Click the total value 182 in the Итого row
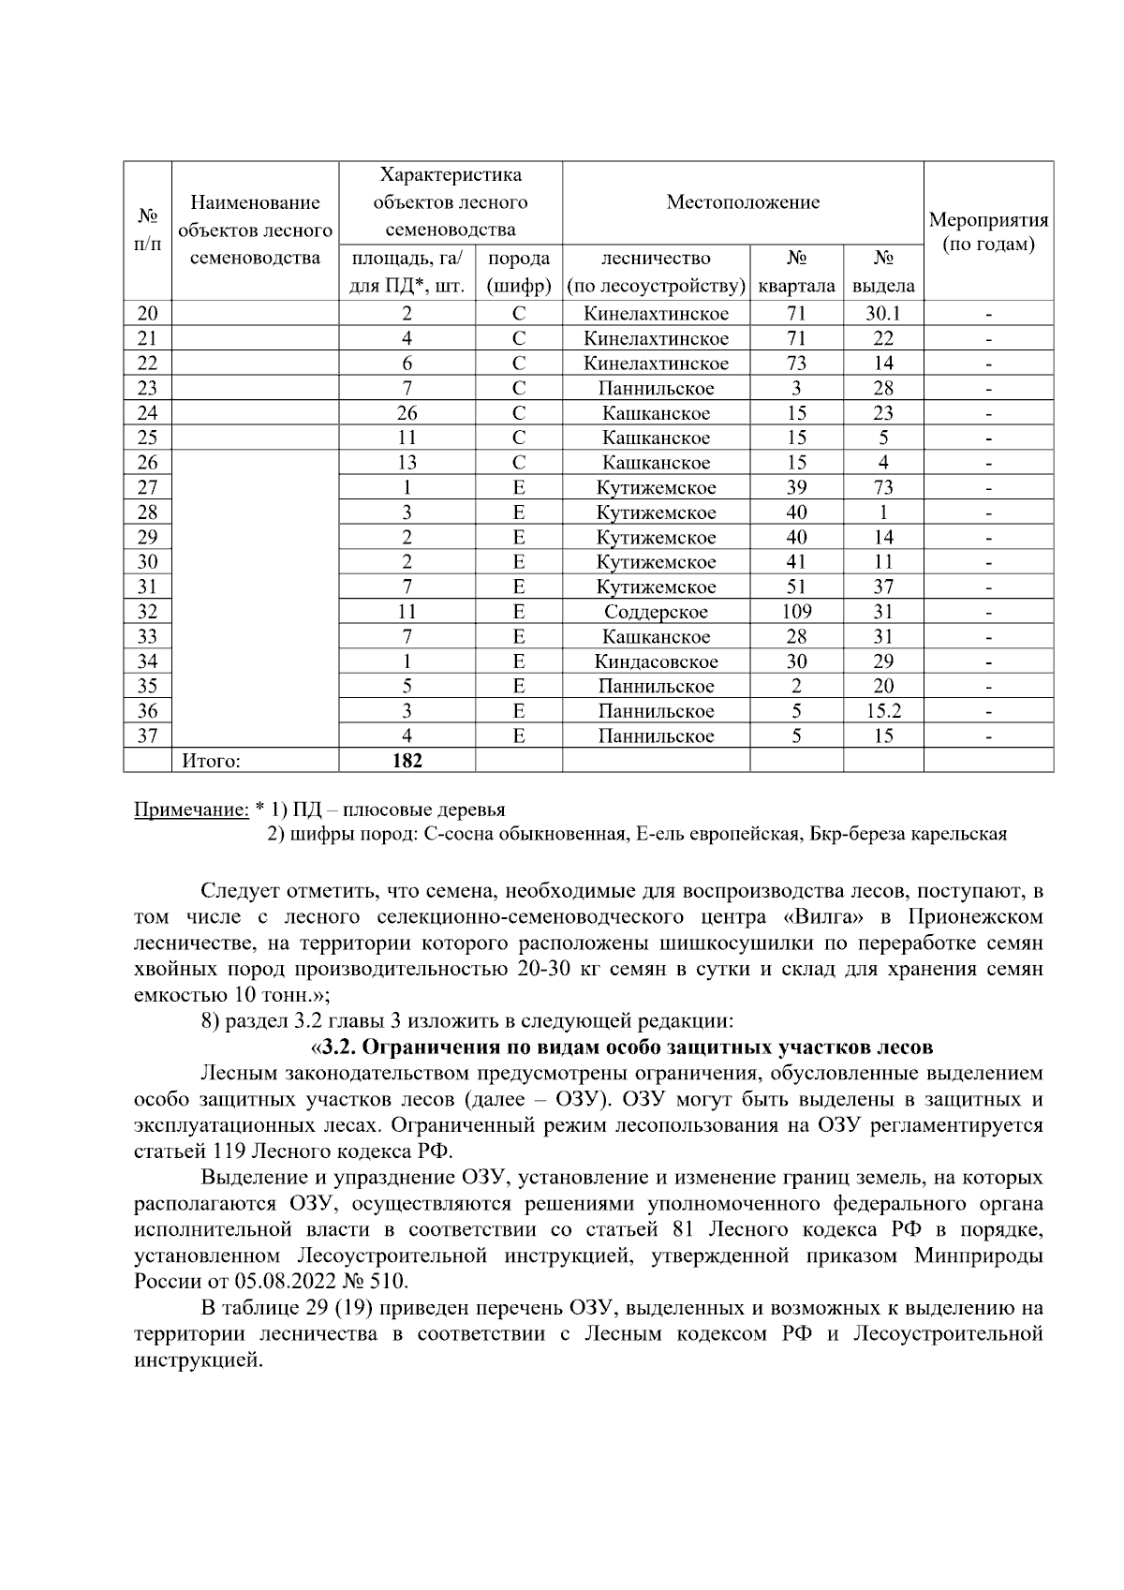point(407,761)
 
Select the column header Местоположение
point(743,202)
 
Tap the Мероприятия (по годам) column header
point(988,232)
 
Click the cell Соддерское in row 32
point(656,612)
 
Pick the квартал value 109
point(796,612)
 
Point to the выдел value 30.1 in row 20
point(882,314)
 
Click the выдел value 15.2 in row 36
point(882,711)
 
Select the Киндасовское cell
point(656,661)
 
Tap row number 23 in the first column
point(147,388)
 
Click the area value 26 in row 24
point(407,413)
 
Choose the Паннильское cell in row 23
point(656,388)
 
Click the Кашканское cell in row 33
point(656,637)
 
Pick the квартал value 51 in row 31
point(796,587)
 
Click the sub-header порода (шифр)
point(518,272)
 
